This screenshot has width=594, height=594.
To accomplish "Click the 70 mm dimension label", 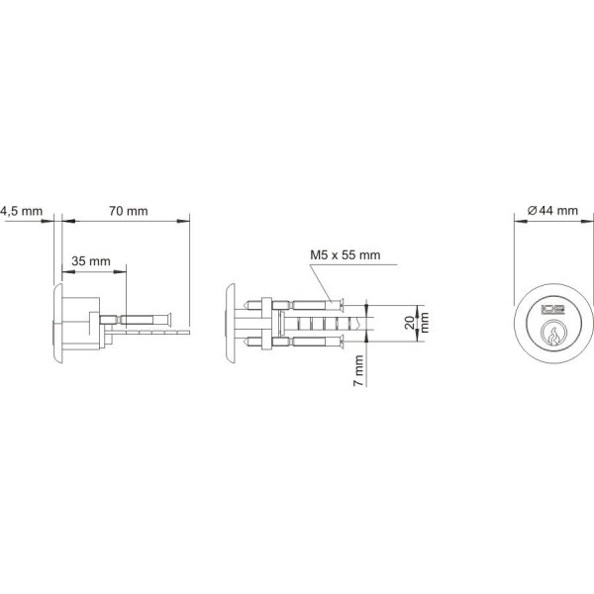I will [128, 211].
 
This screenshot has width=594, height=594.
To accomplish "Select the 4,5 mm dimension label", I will [21, 211].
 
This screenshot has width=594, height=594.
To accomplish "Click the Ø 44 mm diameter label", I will [552, 211].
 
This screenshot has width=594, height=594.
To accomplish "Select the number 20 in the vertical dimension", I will [409, 320].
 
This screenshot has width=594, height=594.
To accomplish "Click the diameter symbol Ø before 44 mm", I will [532, 211].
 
